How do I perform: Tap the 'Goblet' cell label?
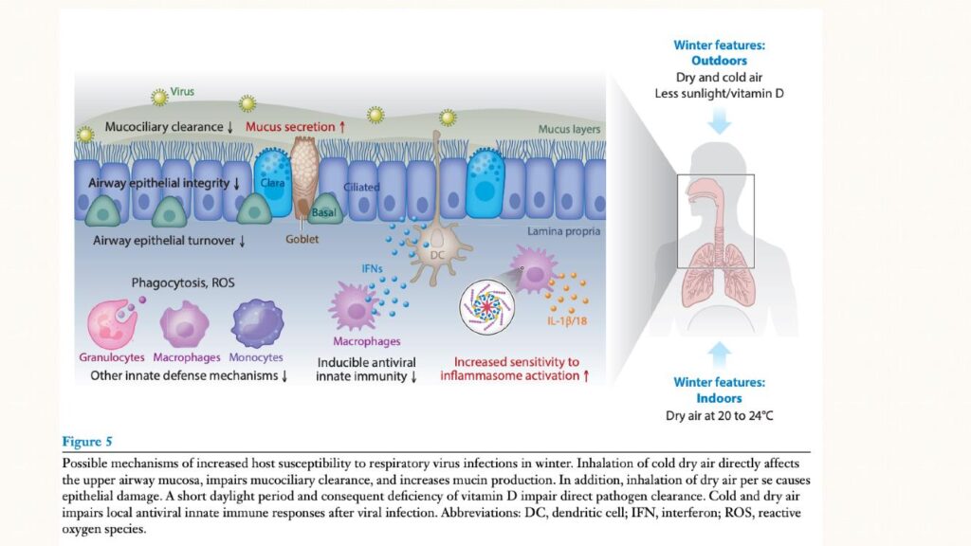tap(303, 240)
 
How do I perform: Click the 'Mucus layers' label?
tap(570, 129)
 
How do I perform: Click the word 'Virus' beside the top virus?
tap(182, 92)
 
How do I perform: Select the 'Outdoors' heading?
tap(719, 61)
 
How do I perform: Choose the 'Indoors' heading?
tap(719, 398)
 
